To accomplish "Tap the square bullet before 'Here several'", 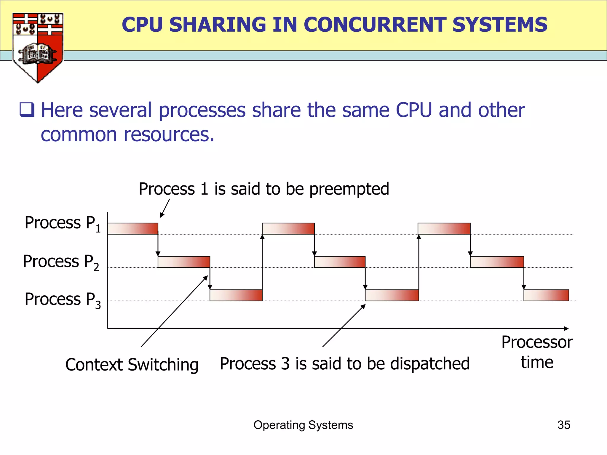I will [x=27, y=110].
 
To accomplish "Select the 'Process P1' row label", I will [x=63, y=224].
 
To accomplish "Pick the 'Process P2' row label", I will [x=61, y=262].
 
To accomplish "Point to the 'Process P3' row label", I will [x=63, y=300].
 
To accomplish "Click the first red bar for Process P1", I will [x=132, y=229].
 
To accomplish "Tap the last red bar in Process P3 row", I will [x=546, y=295].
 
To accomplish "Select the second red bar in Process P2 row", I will [x=340, y=262].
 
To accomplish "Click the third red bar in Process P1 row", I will [x=444, y=229].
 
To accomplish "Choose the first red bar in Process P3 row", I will [x=236, y=295].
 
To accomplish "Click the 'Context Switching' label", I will [x=132, y=365].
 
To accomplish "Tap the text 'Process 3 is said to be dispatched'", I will [x=345, y=364].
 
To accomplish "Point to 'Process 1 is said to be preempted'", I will [x=264, y=189].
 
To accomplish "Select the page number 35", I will [x=564, y=425].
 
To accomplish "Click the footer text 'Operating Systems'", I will [x=303, y=425].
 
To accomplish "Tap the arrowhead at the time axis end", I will [x=566, y=329].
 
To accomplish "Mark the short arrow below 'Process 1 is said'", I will [x=165, y=208].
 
